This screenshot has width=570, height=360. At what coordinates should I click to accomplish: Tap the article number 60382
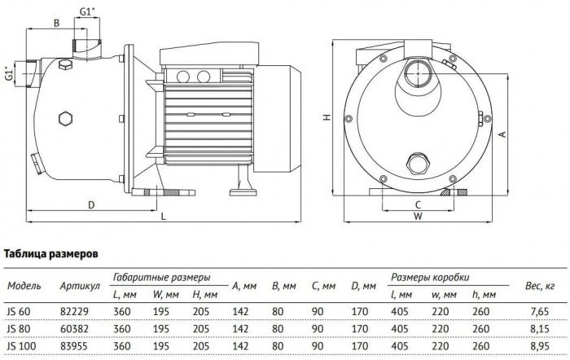73,331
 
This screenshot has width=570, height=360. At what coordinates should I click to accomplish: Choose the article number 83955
73,349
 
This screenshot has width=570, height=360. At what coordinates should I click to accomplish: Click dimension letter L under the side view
164,217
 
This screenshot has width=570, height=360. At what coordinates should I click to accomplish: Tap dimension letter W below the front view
417,217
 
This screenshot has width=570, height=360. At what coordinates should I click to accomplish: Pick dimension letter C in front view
417,204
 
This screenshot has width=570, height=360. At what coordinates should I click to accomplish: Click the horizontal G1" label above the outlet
90,12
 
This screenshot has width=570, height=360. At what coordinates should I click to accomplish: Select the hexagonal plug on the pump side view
64,121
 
